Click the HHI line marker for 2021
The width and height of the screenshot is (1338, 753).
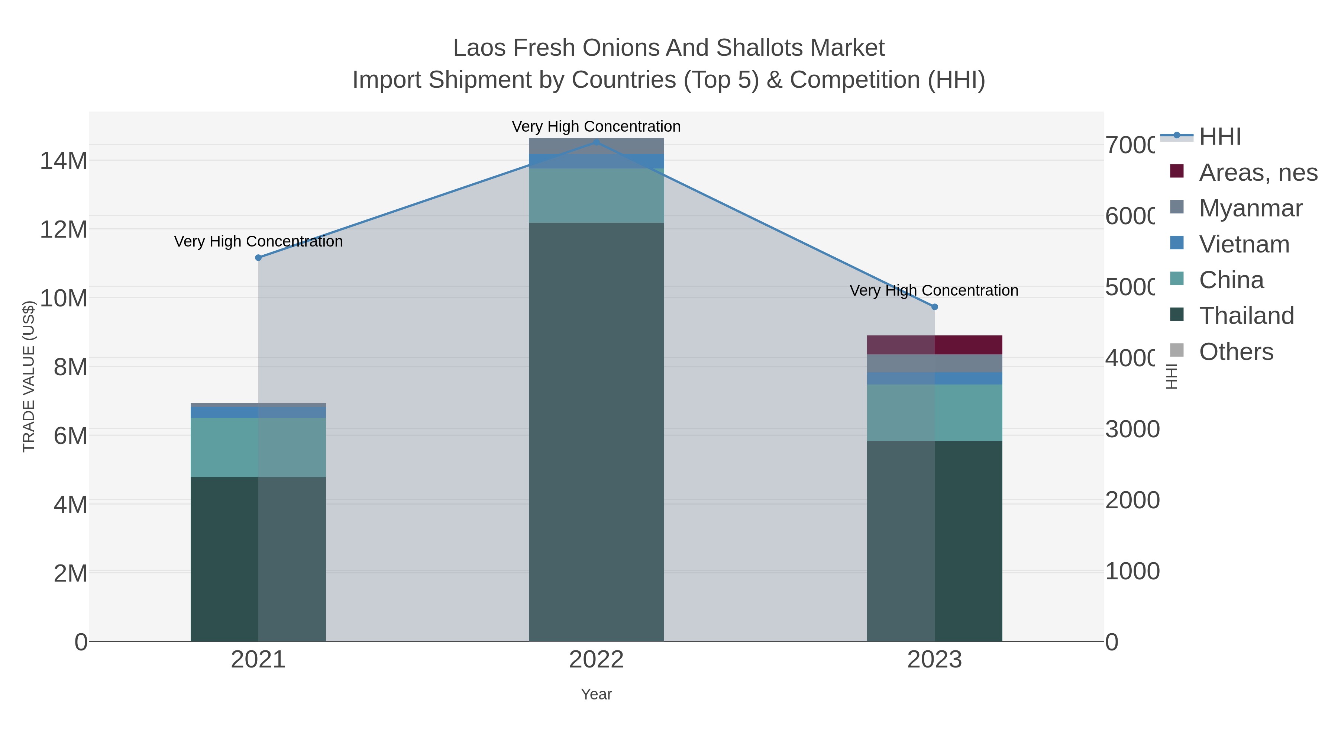(258, 258)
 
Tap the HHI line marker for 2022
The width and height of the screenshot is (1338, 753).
(596, 142)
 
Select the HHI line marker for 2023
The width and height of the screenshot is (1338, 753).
(934, 307)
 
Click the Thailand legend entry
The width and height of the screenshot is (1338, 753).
(1246, 316)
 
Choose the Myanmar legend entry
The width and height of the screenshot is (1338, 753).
(1250, 208)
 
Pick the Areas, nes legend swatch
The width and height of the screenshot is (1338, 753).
(1176, 171)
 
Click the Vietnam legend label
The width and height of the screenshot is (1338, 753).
(1244, 244)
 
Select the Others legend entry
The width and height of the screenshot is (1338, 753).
(1236, 352)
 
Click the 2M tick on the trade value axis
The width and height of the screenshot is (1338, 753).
(70, 573)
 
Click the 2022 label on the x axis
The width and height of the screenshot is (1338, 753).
(596, 660)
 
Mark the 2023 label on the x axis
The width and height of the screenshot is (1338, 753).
(934, 660)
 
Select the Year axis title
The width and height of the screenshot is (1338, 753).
(596, 694)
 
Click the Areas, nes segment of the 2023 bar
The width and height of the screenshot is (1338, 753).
(934, 345)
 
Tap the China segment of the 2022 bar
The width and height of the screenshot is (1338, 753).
(596, 195)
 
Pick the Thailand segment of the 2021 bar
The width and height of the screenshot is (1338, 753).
(258, 559)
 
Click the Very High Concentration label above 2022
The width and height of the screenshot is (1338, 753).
(596, 126)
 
